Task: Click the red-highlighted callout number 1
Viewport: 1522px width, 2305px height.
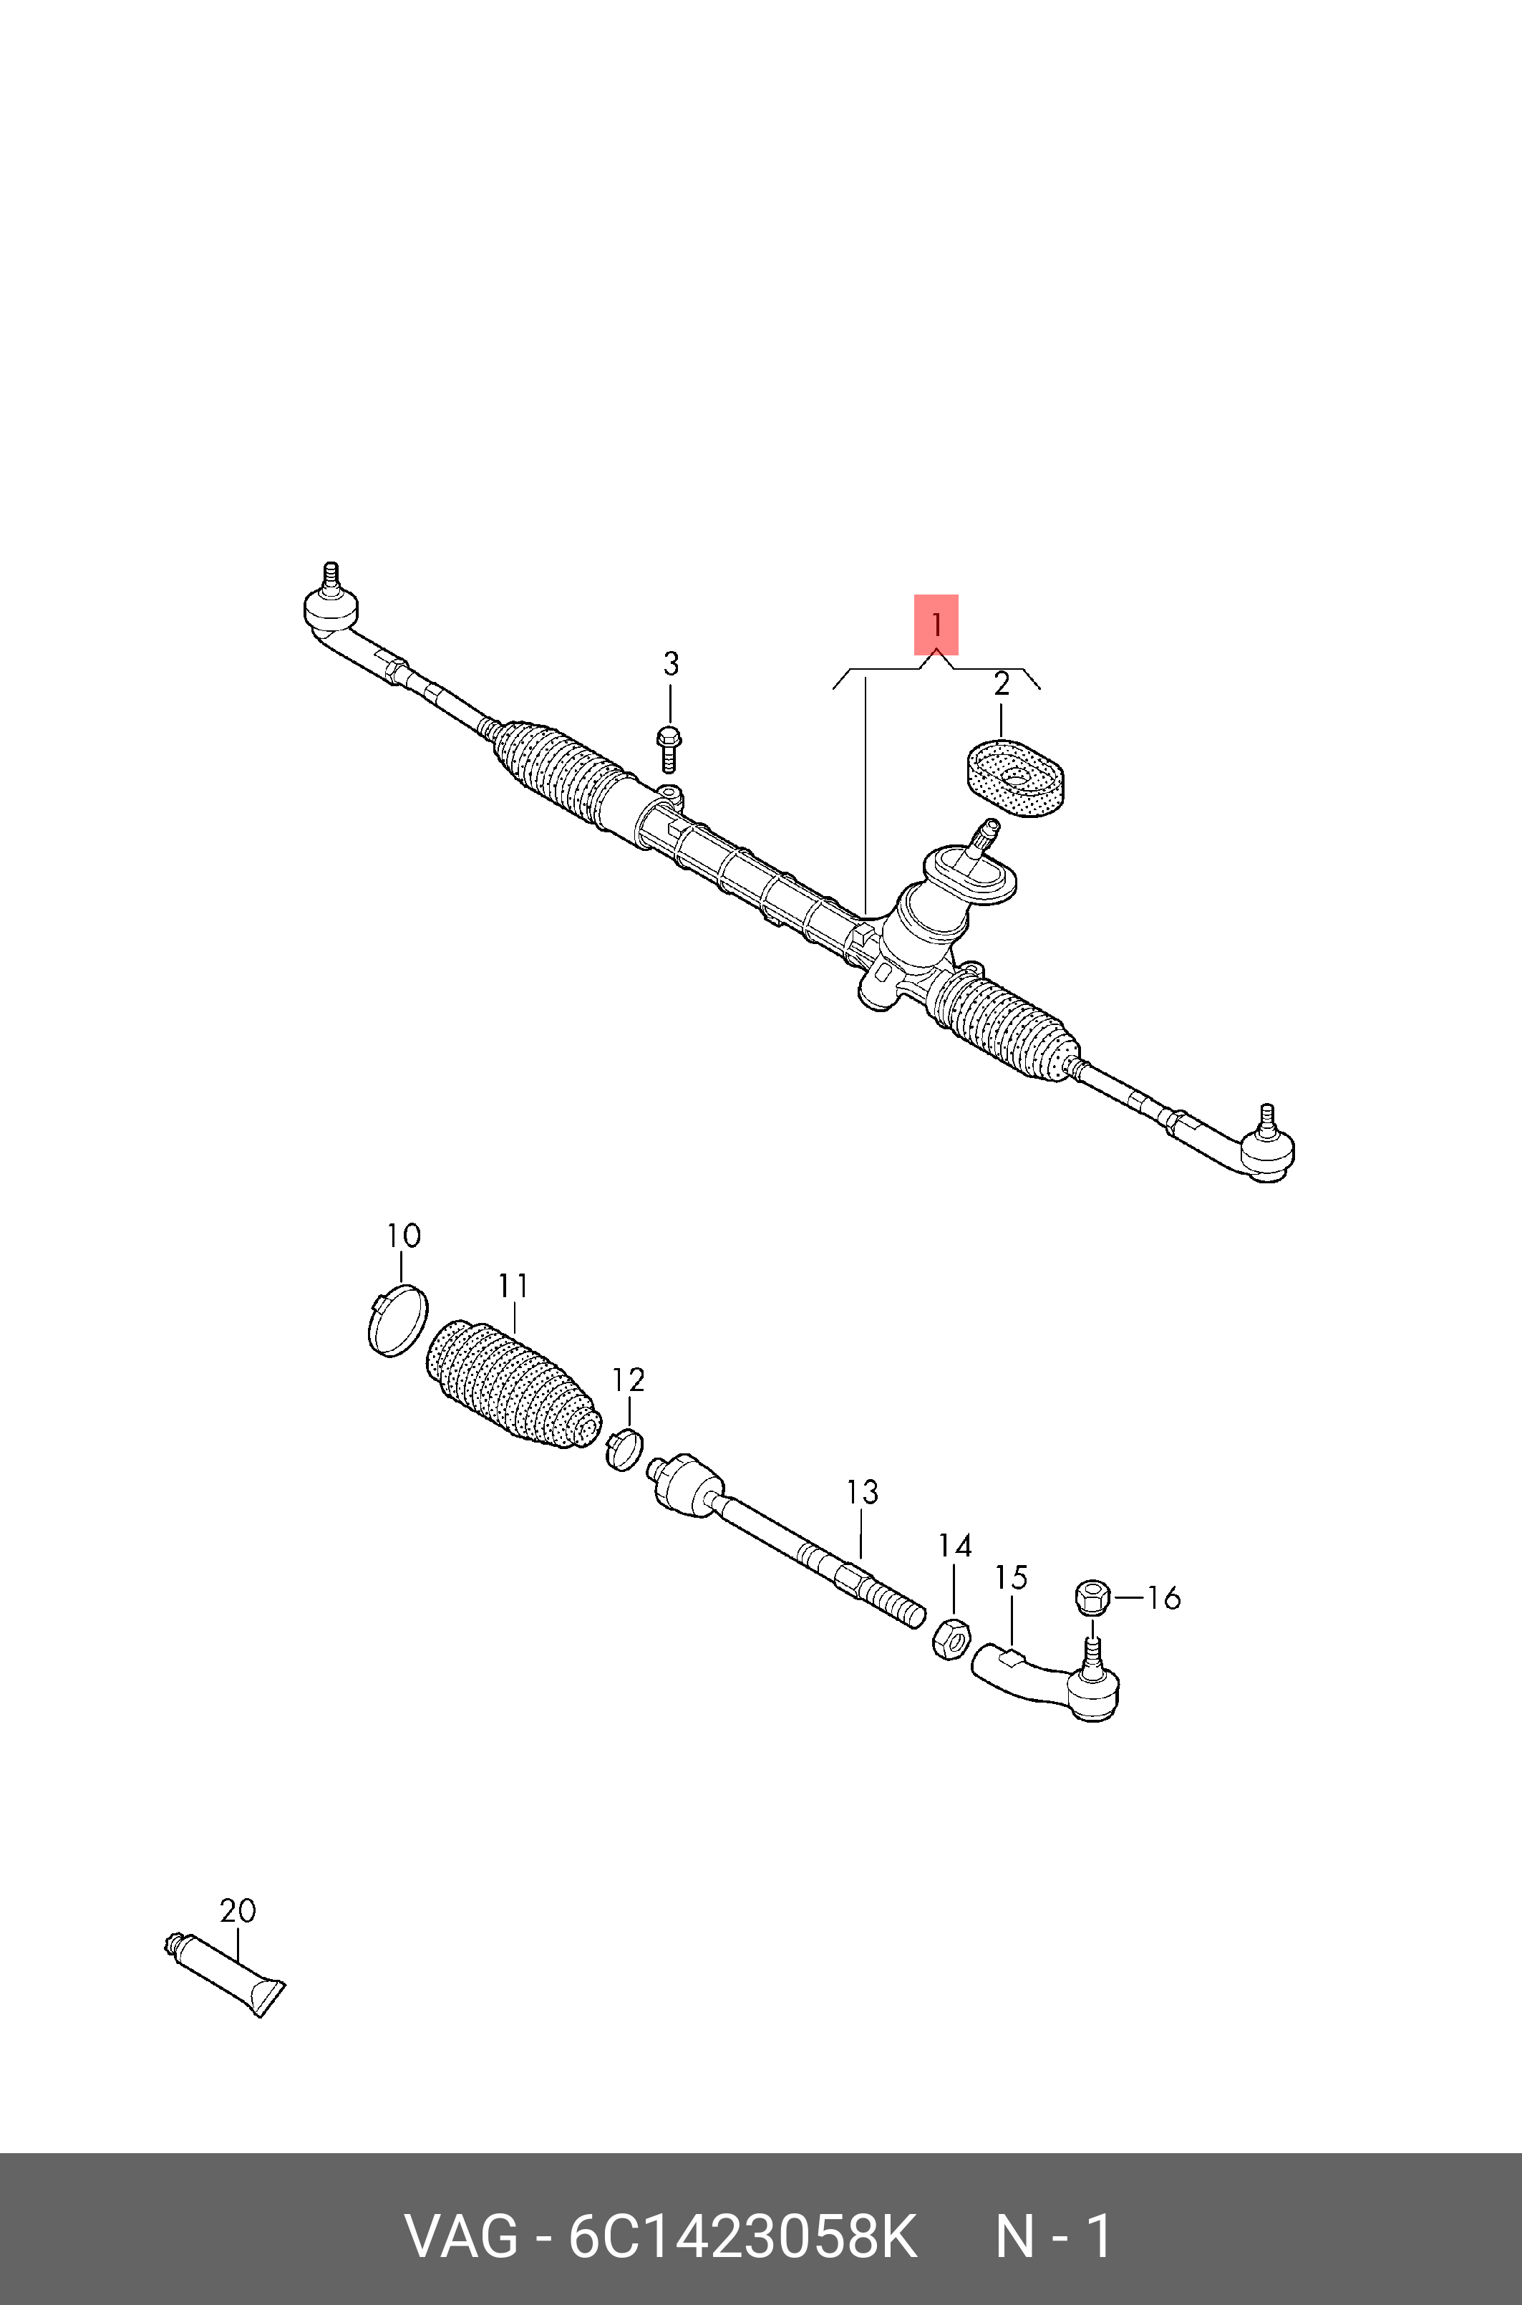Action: pos(936,625)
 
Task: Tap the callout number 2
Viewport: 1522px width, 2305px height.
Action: pos(1001,685)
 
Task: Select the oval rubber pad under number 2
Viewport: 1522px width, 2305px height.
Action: pos(1014,779)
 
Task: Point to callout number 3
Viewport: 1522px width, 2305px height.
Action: pos(670,664)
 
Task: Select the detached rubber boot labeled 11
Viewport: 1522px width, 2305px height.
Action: pos(513,1382)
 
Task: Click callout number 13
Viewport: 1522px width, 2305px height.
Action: pos(862,1491)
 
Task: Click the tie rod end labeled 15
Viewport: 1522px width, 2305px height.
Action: pos(1044,1683)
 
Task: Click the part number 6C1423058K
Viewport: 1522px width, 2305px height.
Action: pos(742,2237)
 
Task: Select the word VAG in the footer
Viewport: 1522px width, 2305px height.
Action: pos(461,2237)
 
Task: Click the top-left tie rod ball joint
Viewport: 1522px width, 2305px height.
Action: pos(330,606)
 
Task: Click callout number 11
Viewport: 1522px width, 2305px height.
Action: pos(513,1286)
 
